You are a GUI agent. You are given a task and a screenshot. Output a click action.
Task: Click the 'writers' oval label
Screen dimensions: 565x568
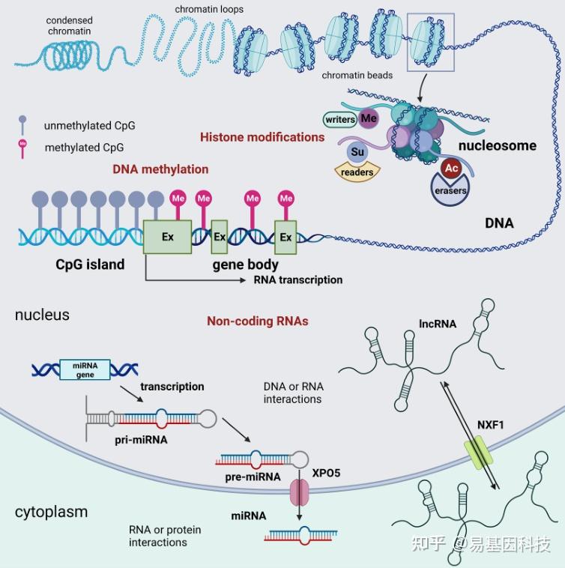tap(339, 120)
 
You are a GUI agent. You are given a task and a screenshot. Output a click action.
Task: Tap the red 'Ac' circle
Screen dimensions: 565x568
tap(451, 168)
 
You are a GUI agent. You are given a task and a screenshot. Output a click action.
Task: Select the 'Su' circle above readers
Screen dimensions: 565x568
tap(357, 151)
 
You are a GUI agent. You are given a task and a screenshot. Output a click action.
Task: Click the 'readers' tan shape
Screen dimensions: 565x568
tap(357, 172)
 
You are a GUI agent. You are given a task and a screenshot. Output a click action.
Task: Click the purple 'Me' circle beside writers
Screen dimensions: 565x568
tap(369, 118)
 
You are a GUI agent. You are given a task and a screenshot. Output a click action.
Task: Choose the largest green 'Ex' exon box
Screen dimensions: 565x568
tap(167, 237)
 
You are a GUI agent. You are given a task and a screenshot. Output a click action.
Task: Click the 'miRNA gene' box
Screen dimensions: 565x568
tap(85, 370)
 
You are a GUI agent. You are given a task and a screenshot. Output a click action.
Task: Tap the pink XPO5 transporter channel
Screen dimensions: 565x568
tap(300, 492)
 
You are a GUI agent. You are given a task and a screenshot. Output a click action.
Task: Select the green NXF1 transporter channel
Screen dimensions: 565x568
tap(479, 452)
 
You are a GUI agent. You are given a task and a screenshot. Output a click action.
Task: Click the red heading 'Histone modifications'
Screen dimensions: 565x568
tap(262, 137)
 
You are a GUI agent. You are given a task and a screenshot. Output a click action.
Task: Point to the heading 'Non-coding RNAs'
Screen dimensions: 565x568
tap(258, 321)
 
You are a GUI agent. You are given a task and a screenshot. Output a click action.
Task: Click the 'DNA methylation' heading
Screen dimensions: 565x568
tap(160, 169)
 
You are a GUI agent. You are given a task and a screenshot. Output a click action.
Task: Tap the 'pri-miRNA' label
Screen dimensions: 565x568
tap(141, 440)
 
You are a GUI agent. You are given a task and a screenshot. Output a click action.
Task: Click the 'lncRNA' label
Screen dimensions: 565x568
tap(438, 324)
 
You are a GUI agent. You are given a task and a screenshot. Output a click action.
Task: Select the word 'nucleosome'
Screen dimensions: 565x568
tap(498, 145)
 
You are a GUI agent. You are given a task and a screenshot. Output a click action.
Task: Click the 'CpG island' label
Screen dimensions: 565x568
tap(90, 265)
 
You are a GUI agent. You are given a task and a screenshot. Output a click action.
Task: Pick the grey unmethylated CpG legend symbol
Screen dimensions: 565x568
tap(22, 124)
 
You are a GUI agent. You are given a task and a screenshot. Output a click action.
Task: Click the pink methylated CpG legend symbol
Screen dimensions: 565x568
tap(22, 149)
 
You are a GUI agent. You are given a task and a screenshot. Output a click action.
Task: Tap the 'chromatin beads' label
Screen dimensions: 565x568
tap(357, 75)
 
